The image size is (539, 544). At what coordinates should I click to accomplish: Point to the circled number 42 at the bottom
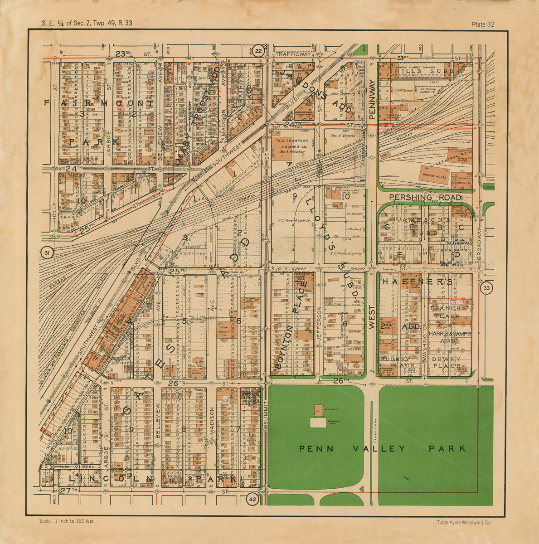coord(252,500)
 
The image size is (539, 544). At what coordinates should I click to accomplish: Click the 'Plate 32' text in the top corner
coord(483,24)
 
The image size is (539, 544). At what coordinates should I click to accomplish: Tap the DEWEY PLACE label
coord(447,362)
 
